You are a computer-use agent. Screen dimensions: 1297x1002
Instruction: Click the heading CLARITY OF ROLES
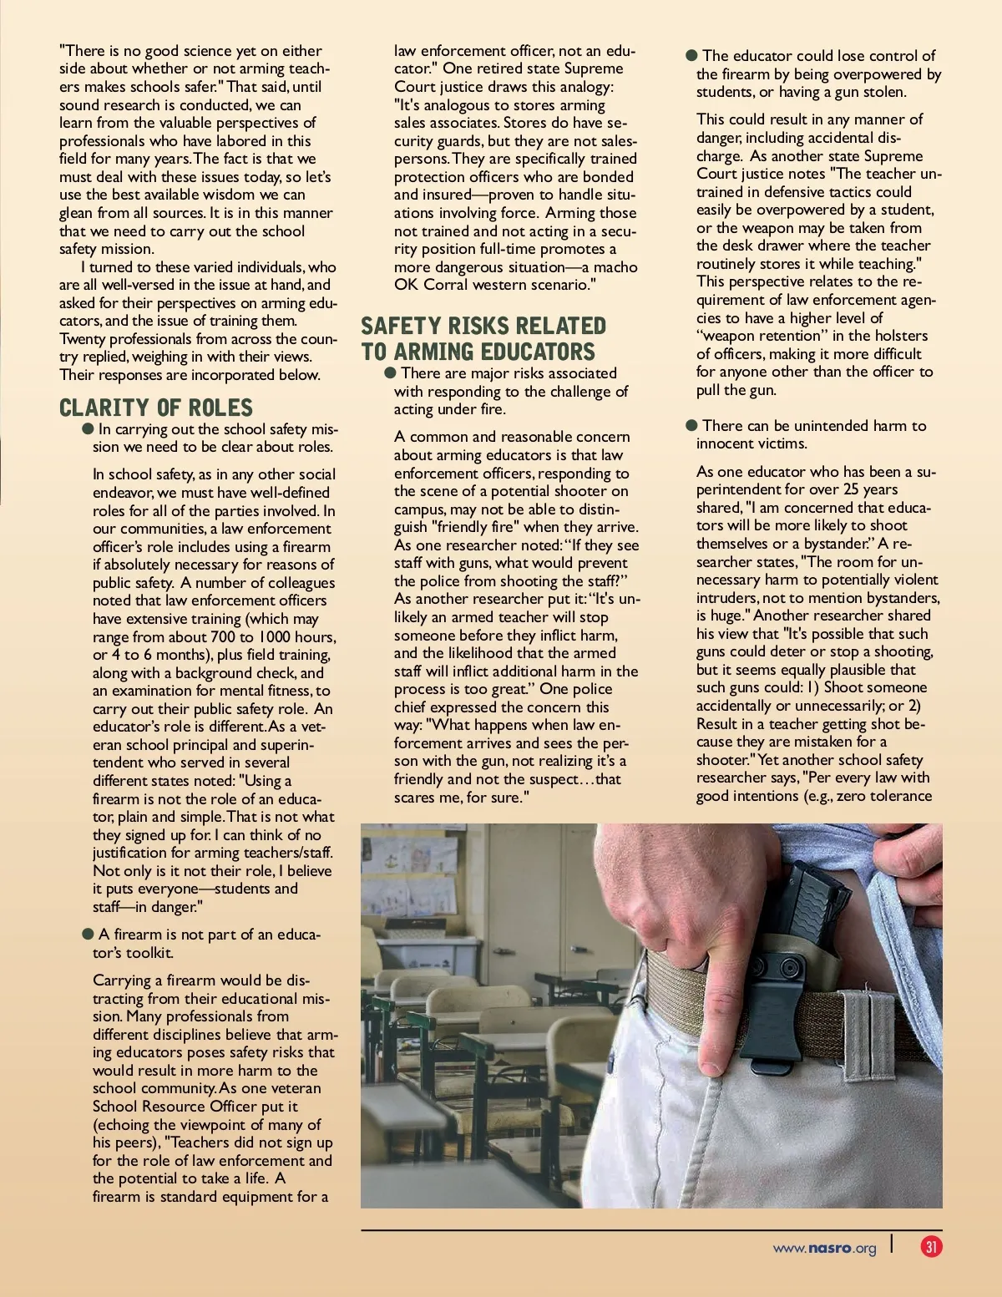[155, 408]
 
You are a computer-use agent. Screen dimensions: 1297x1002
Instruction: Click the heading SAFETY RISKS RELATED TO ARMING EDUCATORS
[483, 338]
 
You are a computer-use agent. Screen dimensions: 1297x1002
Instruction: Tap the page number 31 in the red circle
[931, 1247]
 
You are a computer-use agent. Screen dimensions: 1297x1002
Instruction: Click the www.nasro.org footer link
[824, 1249]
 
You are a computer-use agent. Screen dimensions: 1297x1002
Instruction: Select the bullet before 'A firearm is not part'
[88, 934]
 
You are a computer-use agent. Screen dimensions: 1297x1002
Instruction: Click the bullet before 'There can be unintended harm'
[691, 425]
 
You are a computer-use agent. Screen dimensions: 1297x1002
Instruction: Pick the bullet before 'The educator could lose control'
[691, 55]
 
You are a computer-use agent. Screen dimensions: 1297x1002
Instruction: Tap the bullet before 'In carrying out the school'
[88, 428]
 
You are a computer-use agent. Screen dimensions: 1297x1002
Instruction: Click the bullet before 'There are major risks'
[389, 372]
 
